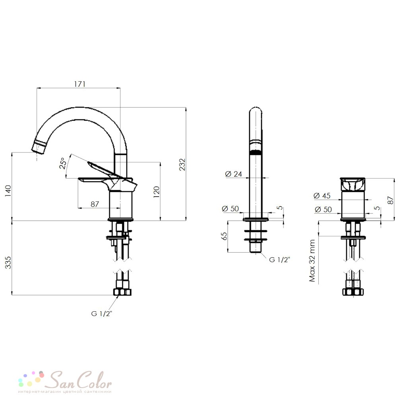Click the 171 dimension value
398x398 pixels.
pyautogui.click(x=80, y=84)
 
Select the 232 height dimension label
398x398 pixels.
pyautogui.click(x=182, y=164)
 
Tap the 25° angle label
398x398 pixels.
pyautogui.click(x=63, y=163)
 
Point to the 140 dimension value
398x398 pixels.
pyautogui.click(x=8, y=191)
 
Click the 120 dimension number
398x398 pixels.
pyautogui.click(x=156, y=192)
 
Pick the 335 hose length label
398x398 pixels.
pyautogui.click(x=8, y=262)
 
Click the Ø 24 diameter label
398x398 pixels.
pyautogui.click(x=234, y=174)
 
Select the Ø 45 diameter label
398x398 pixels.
pyautogui.click(x=322, y=196)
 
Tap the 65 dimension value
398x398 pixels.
pyautogui.click(x=224, y=236)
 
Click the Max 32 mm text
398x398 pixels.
pyautogui.click(x=312, y=261)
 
